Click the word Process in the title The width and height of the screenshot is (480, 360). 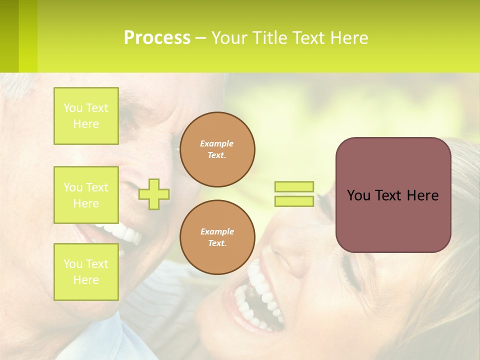157,38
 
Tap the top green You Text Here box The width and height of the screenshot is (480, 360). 86,116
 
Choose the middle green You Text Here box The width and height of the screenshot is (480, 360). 86,195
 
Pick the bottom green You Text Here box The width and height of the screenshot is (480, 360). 86,271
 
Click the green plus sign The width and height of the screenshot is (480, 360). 154,194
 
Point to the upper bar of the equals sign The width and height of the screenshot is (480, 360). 294,187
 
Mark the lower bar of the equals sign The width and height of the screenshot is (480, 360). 294,201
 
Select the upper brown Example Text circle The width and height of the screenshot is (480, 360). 217,149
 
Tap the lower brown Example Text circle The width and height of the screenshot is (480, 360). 217,237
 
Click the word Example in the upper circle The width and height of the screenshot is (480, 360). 217,143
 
